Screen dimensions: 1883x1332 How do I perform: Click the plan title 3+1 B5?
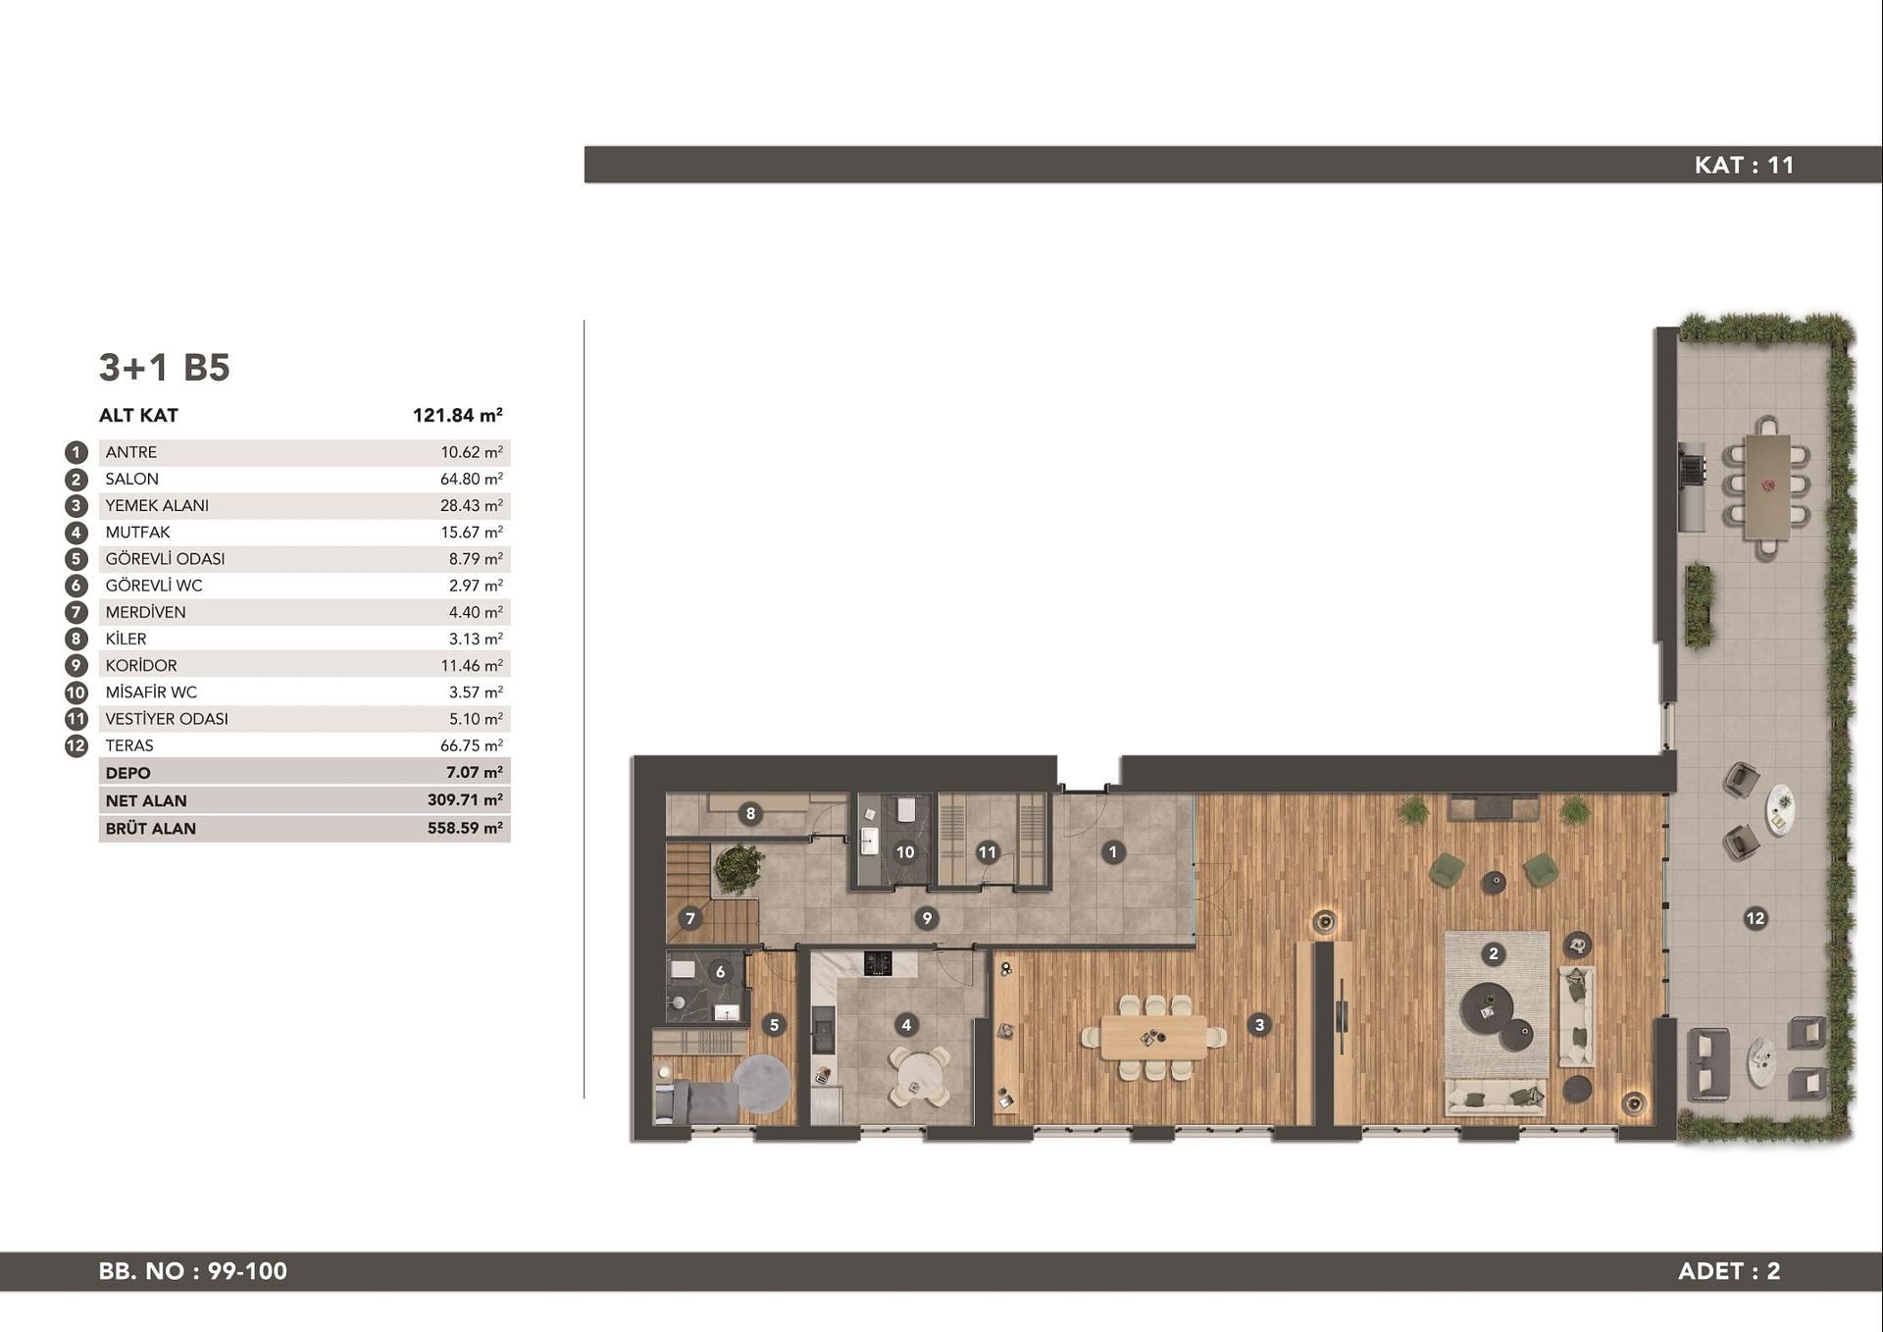tap(164, 367)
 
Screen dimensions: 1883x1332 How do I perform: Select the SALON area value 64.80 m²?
tap(472, 479)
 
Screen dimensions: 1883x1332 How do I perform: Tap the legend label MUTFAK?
tap(137, 532)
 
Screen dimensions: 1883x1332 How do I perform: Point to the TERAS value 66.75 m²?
tap(472, 745)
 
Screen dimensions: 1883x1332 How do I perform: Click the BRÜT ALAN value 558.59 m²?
tap(465, 828)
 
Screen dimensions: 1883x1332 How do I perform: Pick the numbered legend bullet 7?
tap(76, 612)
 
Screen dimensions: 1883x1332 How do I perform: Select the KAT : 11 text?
tap(1744, 165)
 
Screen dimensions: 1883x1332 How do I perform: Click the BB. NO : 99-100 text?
tap(193, 1271)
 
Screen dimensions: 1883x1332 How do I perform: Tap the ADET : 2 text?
tap(1729, 1271)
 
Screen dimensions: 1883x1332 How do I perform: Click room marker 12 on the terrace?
tap(1756, 918)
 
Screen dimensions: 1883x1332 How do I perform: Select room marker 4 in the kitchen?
tap(906, 1025)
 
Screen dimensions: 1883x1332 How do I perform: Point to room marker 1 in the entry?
tap(1112, 852)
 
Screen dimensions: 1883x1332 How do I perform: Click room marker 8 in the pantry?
tap(750, 813)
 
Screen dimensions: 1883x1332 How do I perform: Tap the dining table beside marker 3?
tap(1154, 1038)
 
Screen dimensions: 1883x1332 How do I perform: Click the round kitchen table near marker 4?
tap(919, 1077)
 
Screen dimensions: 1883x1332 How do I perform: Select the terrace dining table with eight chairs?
tap(1767, 487)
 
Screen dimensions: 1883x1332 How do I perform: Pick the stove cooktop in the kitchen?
tap(878, 963)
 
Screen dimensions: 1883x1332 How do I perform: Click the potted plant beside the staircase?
tap(738, 869)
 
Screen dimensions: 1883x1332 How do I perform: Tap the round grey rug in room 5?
tap(762, 1083)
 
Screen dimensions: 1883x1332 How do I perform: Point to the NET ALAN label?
tap(146, 800)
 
